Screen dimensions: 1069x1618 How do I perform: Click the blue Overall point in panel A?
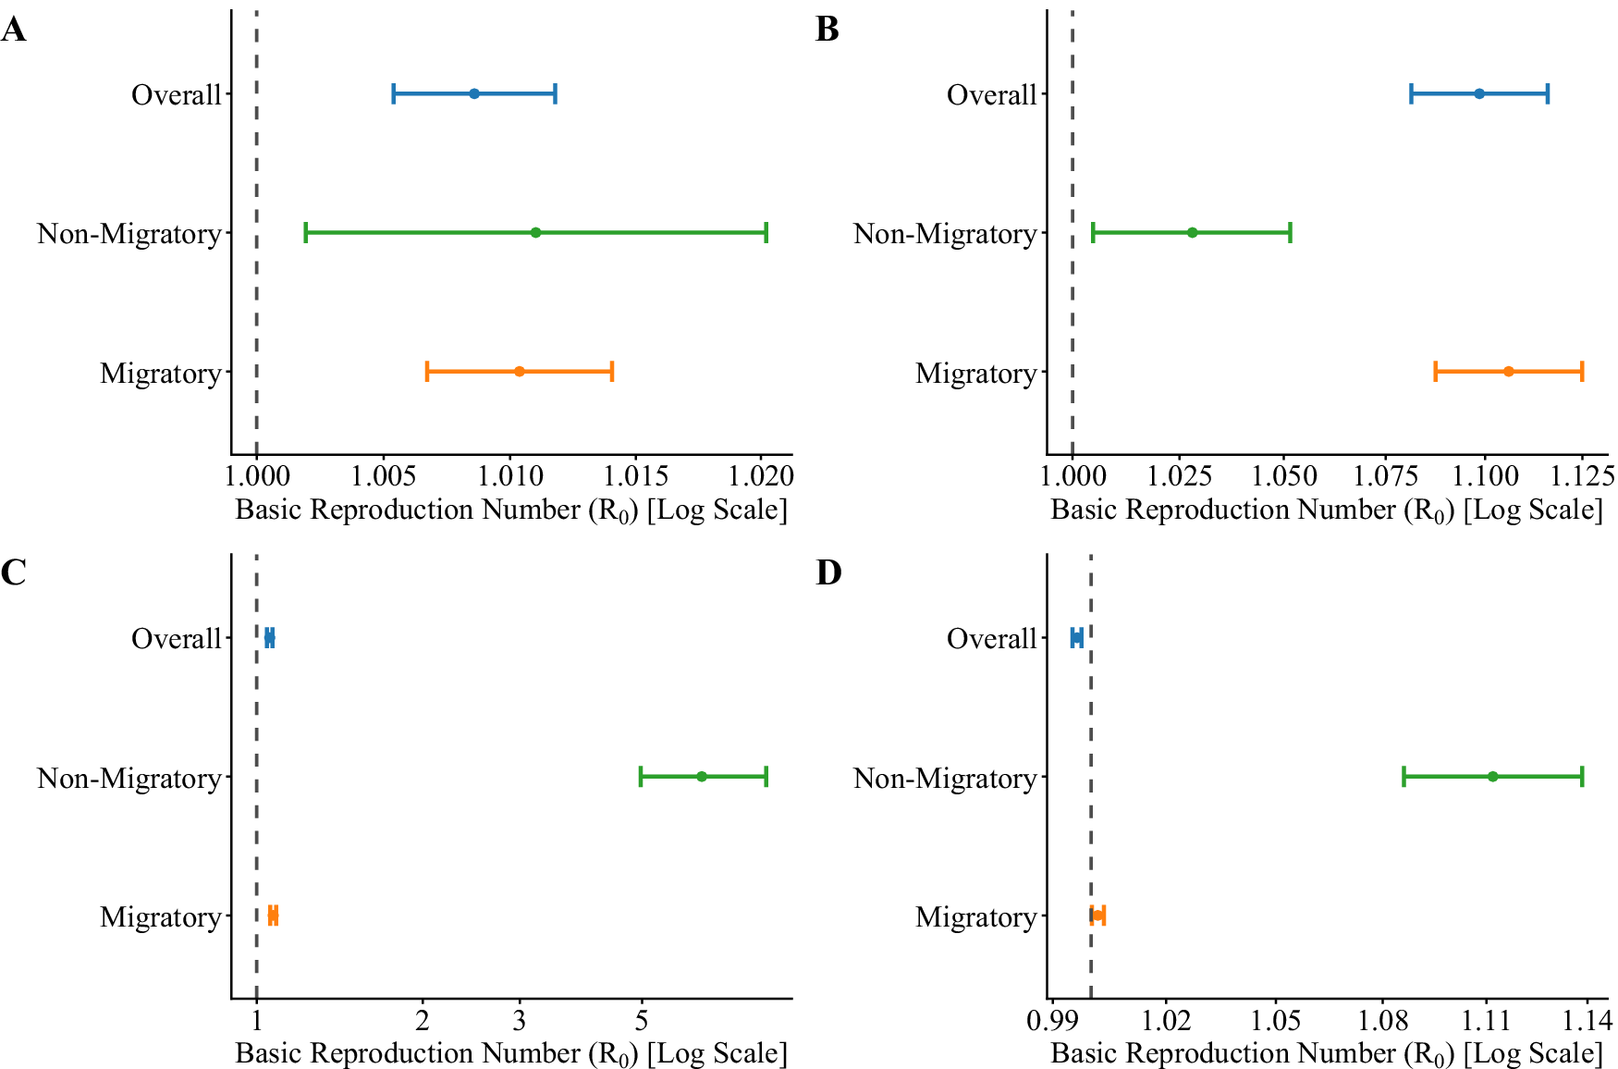click(x=474, y=93)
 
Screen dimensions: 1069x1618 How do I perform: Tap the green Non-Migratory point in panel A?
click(x=535, y=232)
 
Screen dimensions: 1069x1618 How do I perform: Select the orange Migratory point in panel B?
click(x=1508, y=372)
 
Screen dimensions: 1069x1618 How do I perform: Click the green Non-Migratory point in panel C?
click(x=701, y=776)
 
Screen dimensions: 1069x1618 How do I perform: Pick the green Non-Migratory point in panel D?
click(x=1492, y=776)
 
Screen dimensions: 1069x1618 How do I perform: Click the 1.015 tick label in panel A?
click(x=636, y=476)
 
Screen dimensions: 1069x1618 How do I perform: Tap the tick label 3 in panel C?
click(x=520, y=1020)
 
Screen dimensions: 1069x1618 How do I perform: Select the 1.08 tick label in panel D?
click(x=1383, y=1020)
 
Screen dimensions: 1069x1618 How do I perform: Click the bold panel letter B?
click(x=827, y=30)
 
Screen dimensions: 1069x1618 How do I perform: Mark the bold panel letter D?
click(x=828, y=573)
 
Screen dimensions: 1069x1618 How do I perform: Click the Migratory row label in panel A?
click(x=161, y=374)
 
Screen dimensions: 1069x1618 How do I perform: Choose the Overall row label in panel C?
click(x=176, y=639)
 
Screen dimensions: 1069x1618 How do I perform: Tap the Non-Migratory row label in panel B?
click(x=944, y=234)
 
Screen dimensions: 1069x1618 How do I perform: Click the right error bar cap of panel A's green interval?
click(x=766, y=232)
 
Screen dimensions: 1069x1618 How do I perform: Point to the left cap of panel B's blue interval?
click(x=1411, y=93)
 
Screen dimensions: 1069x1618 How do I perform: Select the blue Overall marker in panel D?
click(x=1076, y=637)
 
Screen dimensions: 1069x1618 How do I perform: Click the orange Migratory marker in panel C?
click(x=273, y=915)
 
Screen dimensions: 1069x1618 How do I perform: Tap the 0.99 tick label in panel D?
click(x=1052, y=1020)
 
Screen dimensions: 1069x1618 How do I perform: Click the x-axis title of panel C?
click(x=511, y=1053)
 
